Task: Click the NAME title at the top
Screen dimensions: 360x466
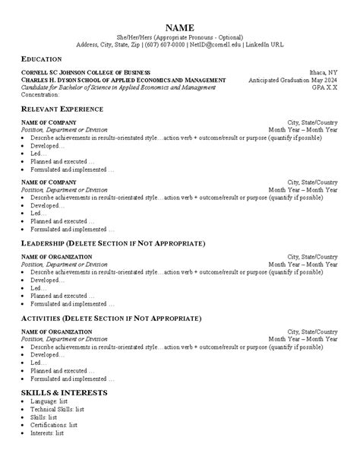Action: click(x=179, y=27)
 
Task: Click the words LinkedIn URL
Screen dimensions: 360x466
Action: click(x=265, y=45)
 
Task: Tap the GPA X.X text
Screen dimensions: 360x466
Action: click(x=324, y=87)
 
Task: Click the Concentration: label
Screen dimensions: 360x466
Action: click(x=39, y=94)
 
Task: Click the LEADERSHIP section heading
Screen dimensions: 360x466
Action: click(x=112, y=243)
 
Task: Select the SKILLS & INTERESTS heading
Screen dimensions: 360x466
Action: click(x=64, y=392)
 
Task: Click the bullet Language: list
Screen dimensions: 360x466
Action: click(x=49, y=401)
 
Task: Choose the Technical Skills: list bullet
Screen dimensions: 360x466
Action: click(x=57, y=409)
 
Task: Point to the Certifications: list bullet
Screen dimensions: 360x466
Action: click(x=53, y=425)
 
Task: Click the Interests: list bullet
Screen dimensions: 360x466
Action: click(x=48, y=433)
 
